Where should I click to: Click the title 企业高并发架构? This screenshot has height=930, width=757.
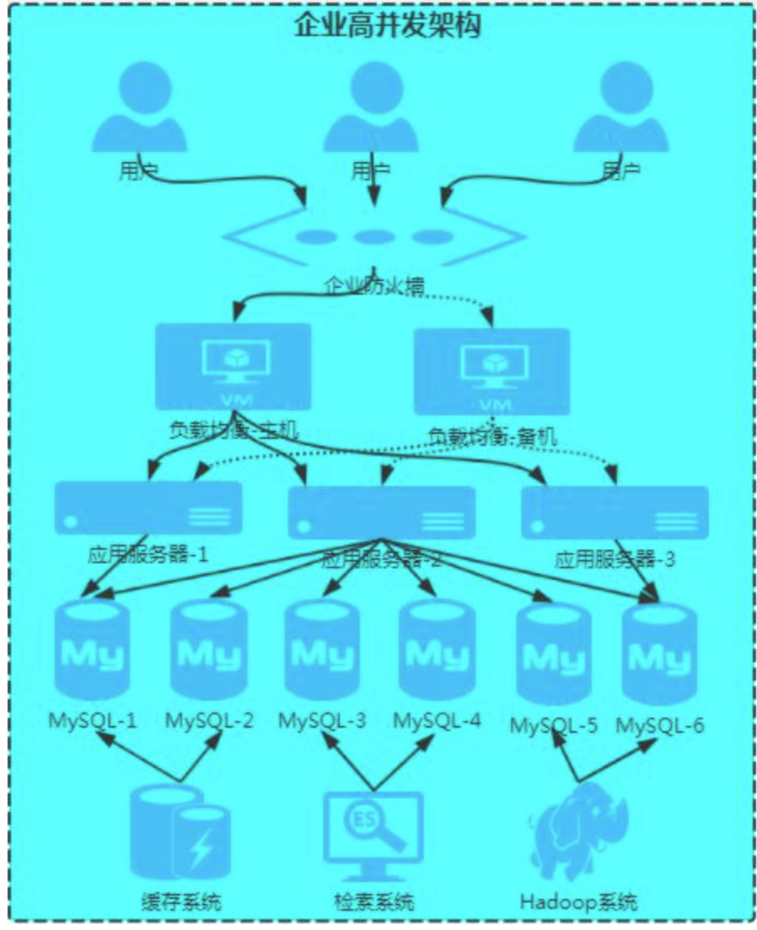coord(387,25)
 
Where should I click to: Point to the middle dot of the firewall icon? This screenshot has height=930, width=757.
coord(372,238)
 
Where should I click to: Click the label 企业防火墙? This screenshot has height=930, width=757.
coord(373,285)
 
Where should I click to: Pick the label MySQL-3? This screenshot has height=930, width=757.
coord(322,720)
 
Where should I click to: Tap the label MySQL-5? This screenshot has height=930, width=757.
coord(553,724)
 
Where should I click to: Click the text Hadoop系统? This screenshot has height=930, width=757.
coord(578,902)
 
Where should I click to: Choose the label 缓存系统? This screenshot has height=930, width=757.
coord(180,902)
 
